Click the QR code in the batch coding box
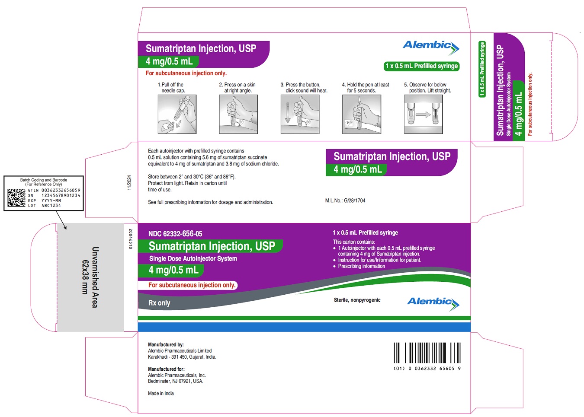[x=16, y=197]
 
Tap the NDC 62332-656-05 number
[x=175, y=234]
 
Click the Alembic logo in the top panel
[x=431, y=48]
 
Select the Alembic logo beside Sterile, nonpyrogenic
[x=433, y=304]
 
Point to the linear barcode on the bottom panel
[x=427, y=353]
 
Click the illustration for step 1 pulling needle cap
[x=177, y=115]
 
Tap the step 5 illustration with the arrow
[x=424, y=115]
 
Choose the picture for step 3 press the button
[x=300, y=115]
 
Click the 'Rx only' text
[x=159, y=303]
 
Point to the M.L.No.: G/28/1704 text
[x=345, y=201]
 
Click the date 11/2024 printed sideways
[x=129, y=183]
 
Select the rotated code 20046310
[x=131, y=239]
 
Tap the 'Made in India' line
[x=161, y=393]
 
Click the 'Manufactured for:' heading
[x=167, y=369]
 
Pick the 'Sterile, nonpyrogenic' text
[x=357, y=300]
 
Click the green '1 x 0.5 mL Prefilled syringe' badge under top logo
[x=422, y=66]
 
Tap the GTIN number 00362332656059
[x=61, y=191]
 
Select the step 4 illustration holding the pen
[x=362, y=115]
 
